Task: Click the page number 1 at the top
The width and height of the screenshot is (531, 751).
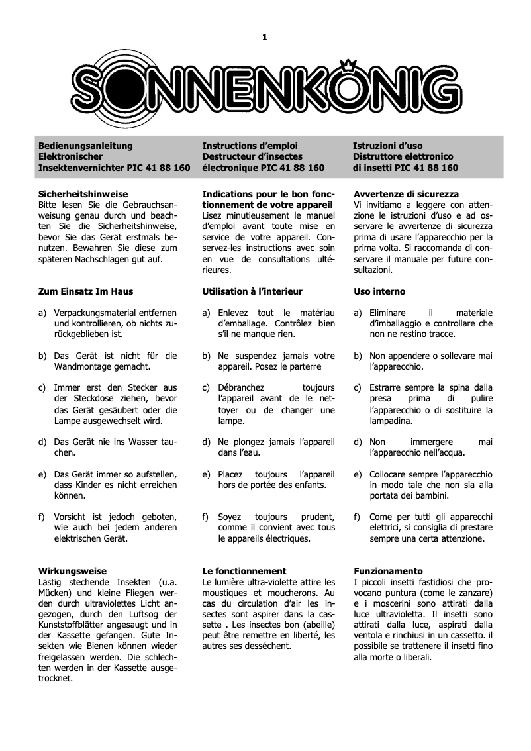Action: pos(265,37)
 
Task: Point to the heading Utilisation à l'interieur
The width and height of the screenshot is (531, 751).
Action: pos(252,291)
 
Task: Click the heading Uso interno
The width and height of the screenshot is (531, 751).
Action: pos(379,291)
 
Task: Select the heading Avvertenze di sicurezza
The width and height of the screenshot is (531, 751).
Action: pos(406,195)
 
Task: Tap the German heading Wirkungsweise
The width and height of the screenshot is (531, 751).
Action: pos(72,570)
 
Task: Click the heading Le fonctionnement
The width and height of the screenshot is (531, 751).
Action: pos(244,570)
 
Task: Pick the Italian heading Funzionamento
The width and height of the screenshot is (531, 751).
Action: pos(388,570)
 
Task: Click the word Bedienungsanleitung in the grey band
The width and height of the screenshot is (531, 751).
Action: pos(85,146)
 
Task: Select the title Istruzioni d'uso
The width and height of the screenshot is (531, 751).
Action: pos(387,146)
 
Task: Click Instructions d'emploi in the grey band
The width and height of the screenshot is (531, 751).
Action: pos(250,146)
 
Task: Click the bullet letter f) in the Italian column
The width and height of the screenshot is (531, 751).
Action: pos(357,517)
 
